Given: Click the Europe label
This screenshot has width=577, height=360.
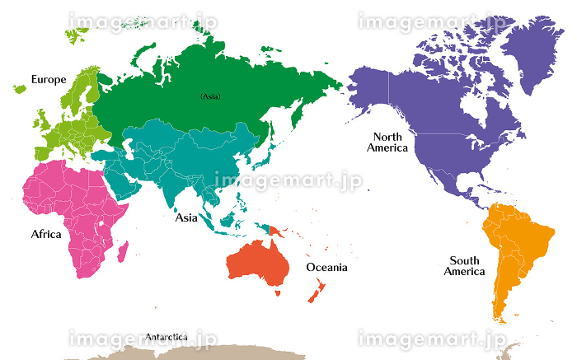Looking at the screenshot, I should click(x=49, y=79).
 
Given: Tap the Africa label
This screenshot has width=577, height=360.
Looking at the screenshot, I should click(x=46, y=234).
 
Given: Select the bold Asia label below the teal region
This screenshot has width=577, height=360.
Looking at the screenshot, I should click(x=186, y=218).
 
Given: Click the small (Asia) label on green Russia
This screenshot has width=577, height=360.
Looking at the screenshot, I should click(x=210, y=96).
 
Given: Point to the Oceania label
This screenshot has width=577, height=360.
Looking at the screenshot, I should click(x=326, y=267).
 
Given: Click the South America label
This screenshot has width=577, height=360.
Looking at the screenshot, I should click(x=465, y=266).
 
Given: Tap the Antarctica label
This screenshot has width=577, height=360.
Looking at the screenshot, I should click(x=166, y=337).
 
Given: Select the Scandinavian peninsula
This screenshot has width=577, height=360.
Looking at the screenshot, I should click(x=82, y=91).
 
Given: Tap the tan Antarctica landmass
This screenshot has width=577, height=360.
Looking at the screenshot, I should click(x=206, y=353).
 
